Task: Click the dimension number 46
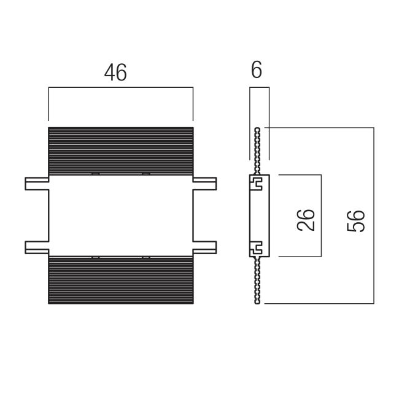click(x=115, y=72)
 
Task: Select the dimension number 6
click(x=257, y=70)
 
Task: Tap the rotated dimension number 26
click(x=306, y=219)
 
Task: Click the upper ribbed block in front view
click(x=120, y=150)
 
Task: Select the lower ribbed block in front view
click(x=120, y=279)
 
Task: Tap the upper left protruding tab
click(x=36, y=183)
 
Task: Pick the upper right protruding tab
click(x=204, y=183)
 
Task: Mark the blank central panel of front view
click(x=120, y=215)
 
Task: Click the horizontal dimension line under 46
click(x=120, y=88)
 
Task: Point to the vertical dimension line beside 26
click(x=322, y=215)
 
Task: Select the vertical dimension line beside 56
click(x=373, y=215)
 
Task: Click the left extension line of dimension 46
click(x=48, y=104)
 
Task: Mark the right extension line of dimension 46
click(x=193, y=104)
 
